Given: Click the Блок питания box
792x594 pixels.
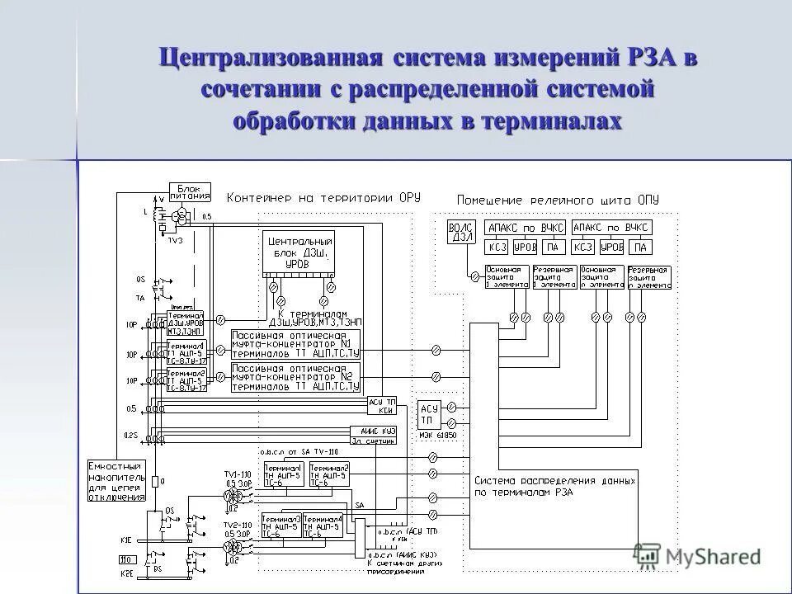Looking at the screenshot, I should pyautogui.click(x=190, y=193).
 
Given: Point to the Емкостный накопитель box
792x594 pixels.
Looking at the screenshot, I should pyautogui.click(x=116, y=480).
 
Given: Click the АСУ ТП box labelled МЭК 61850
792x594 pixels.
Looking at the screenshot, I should pyautogui.click(x=430, y=412).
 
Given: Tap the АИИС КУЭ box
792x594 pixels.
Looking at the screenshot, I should pyautogui.click(x=378, y=434).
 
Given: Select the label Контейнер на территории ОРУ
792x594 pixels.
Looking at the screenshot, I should pyautogui.click(x=323, y=197).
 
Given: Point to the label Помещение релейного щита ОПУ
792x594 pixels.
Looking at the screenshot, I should pyautogui.click(x=558, y=200).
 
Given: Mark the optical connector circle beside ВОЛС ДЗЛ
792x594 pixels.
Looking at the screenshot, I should pyautogui.click(x=474, y=278).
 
